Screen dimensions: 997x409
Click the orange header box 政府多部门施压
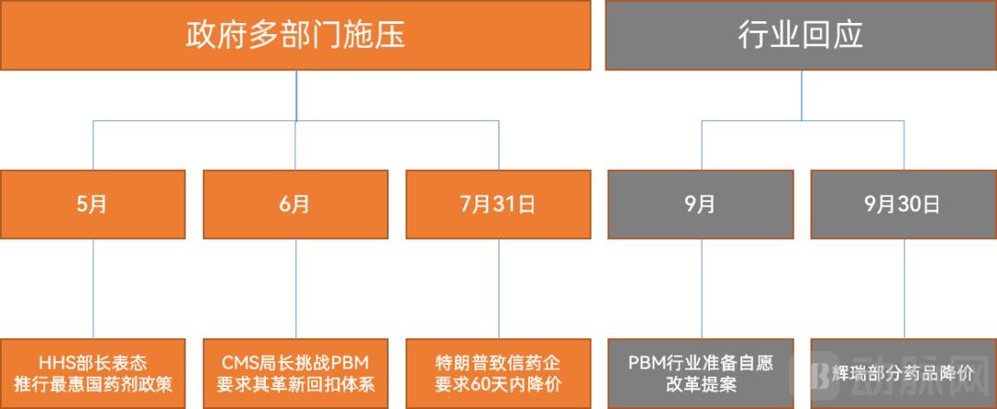[x=295, y=35]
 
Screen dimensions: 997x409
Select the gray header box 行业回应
[x=800, y=35]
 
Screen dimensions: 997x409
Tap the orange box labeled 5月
[x=92, y=204]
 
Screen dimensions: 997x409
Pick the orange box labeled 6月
[x=295, y=204]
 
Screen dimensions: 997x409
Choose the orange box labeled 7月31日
[x=498, y=204]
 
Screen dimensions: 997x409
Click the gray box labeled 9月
[x=701, y=204]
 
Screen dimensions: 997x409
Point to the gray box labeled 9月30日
[x=903, y=204]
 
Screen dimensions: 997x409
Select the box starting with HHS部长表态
[x=92, y=373]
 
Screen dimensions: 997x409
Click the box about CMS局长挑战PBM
[x=295, y=373]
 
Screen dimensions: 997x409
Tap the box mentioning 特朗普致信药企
[x=498, y=373]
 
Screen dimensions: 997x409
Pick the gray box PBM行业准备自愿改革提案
[x=701, y=373]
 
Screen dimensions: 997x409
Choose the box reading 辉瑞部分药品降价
[x=903, y=373]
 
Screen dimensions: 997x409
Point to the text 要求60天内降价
[x=498, y=384]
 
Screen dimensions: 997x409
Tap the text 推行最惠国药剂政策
[x=92, y=384]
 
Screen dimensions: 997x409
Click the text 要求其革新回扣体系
[x=295, y=384]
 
